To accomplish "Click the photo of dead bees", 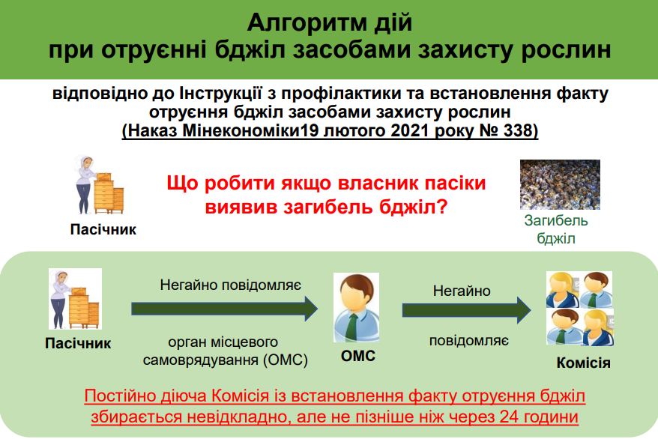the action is [x=560, y=184].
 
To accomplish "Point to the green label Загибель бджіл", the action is [x=556, y=229].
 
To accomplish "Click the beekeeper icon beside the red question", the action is [x=99, y=185].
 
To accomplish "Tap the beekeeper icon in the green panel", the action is [x=75, y=299].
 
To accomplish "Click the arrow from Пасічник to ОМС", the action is [x=225, y=309].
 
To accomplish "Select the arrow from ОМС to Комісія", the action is [x=467, y=310].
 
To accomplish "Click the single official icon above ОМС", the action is [x=357, y=307].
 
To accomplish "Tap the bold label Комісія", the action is [x=583, y=363].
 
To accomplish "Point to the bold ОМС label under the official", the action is [x=358, y=356].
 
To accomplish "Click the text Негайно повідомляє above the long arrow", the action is [x=230, y=285].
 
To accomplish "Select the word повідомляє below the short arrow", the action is [x=468, y=340].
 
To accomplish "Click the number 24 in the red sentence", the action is [x=510, y=417].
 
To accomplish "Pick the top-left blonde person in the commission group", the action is [x=562, y=289].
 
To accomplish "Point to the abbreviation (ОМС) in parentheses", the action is [x=286, y=360].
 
